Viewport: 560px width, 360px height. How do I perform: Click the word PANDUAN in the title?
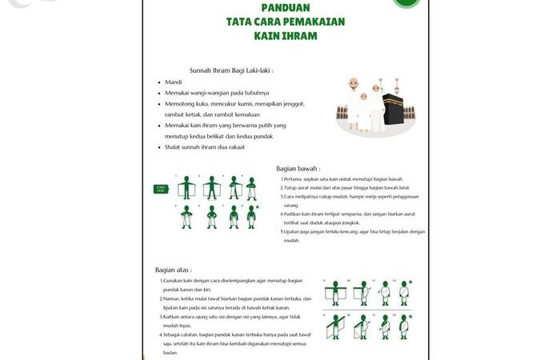(286, 7)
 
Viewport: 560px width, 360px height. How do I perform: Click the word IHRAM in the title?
(298, 37)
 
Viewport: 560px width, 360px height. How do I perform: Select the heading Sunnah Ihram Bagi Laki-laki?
(231, 70)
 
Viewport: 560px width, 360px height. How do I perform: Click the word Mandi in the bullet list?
(174, 82)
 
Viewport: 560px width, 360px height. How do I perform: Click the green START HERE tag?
(162, 189)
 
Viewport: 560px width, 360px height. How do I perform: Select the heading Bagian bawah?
(298, 169)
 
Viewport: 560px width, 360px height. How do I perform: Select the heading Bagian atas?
(174, 270)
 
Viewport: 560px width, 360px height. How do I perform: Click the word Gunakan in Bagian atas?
(173, 282)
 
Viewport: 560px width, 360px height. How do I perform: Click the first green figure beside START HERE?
(186, 187)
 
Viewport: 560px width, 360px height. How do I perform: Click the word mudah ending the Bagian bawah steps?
(292, 240)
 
